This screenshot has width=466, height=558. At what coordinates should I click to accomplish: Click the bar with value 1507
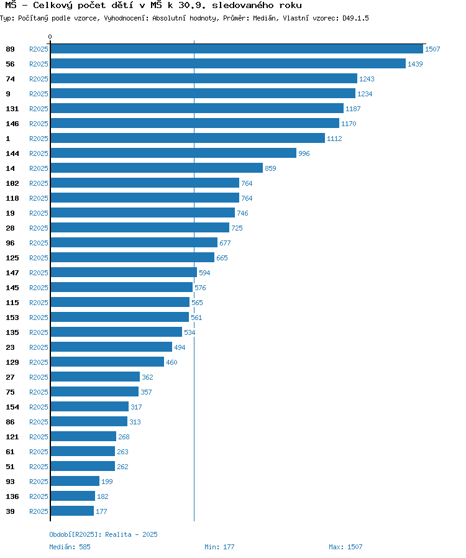236,48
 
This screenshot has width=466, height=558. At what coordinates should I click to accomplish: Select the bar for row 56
227,63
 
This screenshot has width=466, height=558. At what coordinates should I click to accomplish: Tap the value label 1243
367,79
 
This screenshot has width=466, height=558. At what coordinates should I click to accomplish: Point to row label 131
12,109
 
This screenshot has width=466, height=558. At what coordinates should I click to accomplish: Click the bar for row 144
173,153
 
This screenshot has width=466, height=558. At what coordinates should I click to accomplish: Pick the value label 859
270,168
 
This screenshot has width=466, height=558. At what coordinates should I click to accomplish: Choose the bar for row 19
142,213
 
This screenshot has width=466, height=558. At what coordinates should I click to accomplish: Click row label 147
12,273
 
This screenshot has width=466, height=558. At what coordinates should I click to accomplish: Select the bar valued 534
116,332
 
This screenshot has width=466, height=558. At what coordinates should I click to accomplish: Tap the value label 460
171,362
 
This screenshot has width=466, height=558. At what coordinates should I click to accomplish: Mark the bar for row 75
94,391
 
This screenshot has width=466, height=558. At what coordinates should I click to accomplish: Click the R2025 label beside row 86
39,422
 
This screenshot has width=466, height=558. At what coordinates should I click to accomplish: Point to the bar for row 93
75,481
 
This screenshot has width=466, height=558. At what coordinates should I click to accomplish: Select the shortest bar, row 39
72,511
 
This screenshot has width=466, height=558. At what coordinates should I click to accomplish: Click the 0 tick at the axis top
50,37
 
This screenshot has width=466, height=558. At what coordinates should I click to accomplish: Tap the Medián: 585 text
70,547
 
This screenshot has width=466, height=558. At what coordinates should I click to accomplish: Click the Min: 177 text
219,547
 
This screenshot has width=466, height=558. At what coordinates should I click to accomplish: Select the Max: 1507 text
345,547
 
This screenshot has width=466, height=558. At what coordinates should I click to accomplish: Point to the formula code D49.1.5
355,19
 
